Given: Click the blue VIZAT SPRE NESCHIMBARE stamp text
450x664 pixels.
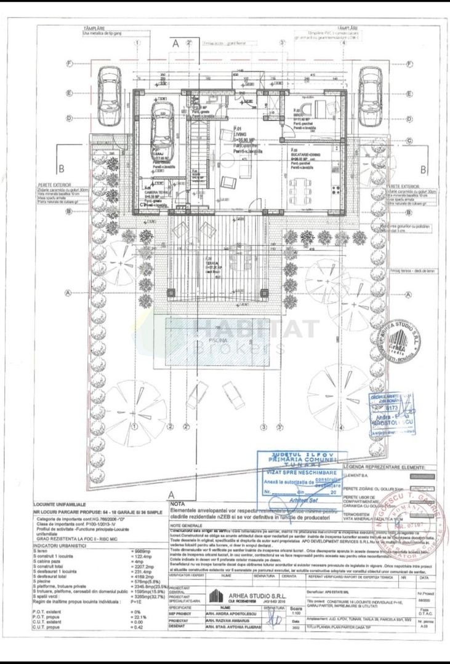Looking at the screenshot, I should (x=299, y=472).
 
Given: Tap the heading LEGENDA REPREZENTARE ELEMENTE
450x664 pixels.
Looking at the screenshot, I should (x=382, y=468).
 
